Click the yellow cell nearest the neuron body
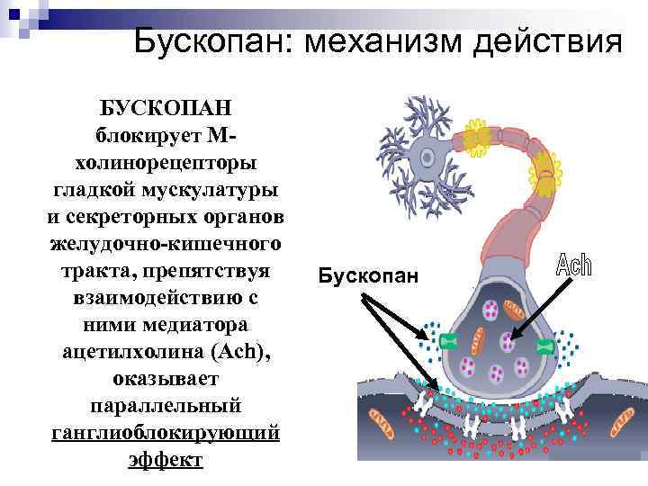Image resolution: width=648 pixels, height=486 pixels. (x=476, y=136)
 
